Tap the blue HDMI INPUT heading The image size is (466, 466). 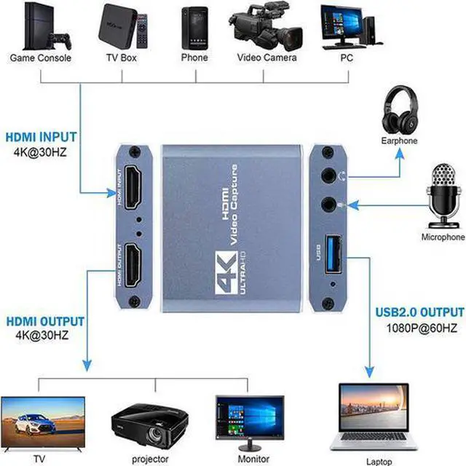pyautogui.click(x=41, y=136)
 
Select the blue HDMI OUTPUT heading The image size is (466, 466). pyautogui.click(x=44, y=321)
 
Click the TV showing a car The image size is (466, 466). pyautogui.click(x=42, y=421)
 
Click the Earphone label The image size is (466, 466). pyautogui.click(x=398, y=141)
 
